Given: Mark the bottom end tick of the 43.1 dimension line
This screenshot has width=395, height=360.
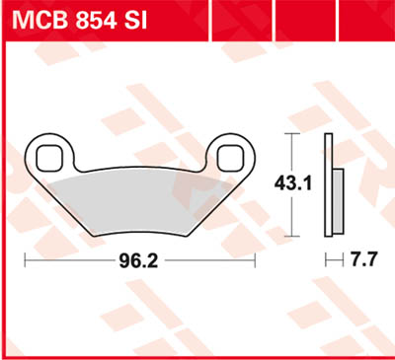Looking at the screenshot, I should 288,236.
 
